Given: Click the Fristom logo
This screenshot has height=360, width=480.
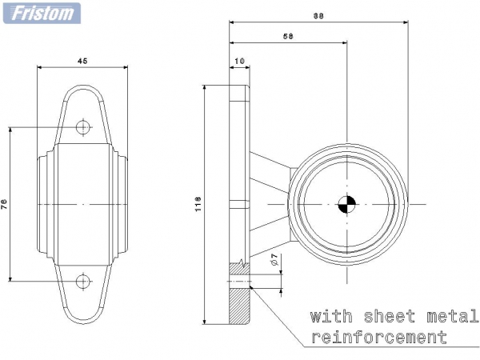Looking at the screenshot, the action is (x=42, y=13).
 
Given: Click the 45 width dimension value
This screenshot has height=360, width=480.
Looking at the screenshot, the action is (x=82, y=61).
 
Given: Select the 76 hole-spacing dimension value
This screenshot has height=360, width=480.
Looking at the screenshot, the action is (x=4, y=204).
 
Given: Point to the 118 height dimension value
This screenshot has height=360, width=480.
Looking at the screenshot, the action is (x=198, y=204).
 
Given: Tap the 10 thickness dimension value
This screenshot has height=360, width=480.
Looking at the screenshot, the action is (x=240, y=61).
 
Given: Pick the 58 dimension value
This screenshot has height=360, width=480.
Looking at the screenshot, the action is (x=288, y=37).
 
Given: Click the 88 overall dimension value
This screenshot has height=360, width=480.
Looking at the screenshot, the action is (x=318, y=16).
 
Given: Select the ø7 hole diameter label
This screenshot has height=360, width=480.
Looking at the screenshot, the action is (x=274, y=259).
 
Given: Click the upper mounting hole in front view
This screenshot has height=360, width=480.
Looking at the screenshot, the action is (x=82, y=127).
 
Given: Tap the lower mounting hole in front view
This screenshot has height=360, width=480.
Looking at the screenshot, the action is (x=82, y=281).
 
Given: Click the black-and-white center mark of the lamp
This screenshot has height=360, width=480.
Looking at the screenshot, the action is (x=347, y=204).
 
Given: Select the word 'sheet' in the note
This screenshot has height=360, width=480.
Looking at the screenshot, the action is (x=390, y=316).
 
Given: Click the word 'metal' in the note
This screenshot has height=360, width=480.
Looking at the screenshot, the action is (x=453, y=316).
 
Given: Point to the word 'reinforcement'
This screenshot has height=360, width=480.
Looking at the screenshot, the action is (x=379, y=337).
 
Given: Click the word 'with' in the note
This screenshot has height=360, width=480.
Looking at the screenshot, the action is (x=331, y=316).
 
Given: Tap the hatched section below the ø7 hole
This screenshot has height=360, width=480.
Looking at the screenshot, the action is (x=239, y=306).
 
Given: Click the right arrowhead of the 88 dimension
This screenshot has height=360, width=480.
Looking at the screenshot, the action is (x=406, y=22).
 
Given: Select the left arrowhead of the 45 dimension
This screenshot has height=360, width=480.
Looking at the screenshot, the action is (x=39, y=67).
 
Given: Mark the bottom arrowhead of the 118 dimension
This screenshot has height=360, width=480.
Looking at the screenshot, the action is (x=205, y=321).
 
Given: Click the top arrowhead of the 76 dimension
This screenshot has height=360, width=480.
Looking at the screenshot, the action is (x=10, y=130).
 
